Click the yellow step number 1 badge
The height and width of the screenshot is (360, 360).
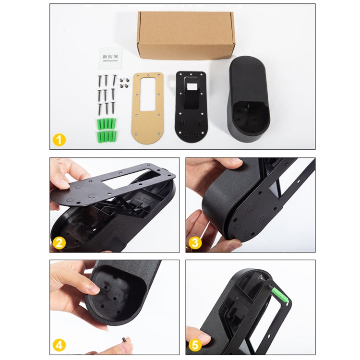[x=59, y=140]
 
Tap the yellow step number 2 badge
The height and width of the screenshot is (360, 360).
[x=59, y=243]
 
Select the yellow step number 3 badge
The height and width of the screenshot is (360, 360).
[x=194, y=243]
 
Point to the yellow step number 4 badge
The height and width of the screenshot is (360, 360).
[x=59, y=345]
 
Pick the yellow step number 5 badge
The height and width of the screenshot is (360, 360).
[x=194, y=345]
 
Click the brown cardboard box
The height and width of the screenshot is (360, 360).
[x=185, y=35]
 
